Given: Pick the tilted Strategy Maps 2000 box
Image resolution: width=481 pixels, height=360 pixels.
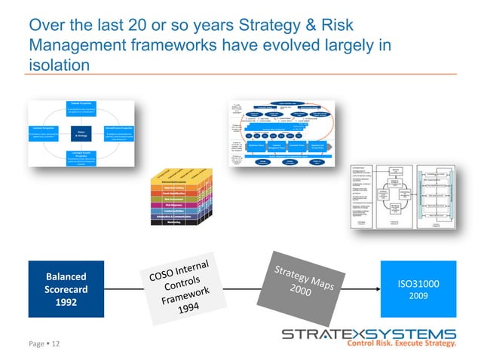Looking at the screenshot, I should (x=300, y=283).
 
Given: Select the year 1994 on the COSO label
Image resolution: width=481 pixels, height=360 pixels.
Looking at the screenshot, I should (x=189, y=310).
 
